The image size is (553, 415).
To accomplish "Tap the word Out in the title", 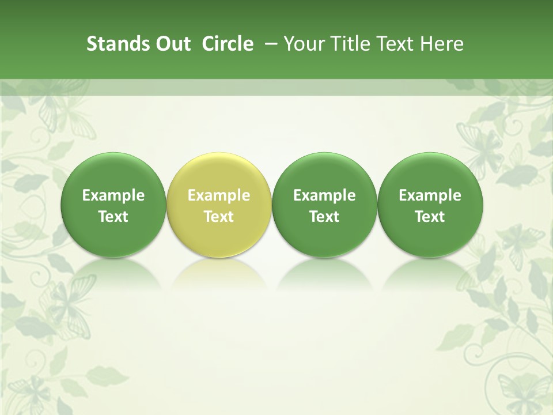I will coord(171,44).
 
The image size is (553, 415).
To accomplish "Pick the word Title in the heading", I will coord(346,44).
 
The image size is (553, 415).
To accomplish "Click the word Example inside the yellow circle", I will coord(218,195).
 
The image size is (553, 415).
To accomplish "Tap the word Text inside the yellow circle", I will coord(218,217).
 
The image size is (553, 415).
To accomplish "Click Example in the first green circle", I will coord(113,195).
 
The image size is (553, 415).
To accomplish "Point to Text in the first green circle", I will coord(113,217).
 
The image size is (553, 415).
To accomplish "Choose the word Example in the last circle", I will coord(430,195).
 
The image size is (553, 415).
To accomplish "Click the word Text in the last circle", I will coord(430,217).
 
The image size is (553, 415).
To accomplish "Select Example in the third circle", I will coord(324,195).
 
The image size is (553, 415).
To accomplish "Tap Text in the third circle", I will coord(324,217).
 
